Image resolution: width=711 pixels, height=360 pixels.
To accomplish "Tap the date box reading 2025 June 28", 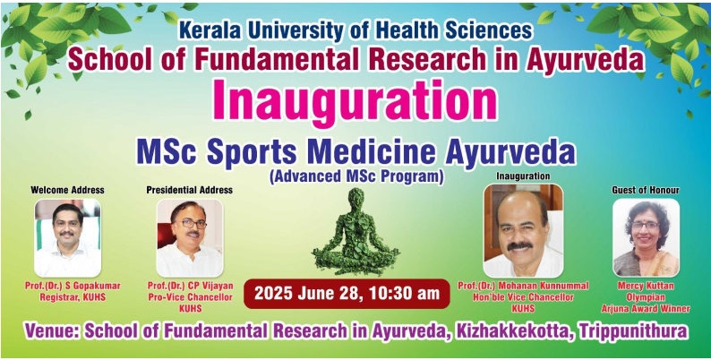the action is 347,294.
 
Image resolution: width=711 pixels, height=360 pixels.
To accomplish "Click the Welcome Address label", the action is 67,190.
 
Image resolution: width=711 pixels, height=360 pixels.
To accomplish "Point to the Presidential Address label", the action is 190,190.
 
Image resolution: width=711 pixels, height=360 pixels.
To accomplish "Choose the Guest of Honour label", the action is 646,190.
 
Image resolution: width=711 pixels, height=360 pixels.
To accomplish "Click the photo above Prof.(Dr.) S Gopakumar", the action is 67,238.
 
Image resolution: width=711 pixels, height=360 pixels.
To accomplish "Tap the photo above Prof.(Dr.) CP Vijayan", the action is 190,238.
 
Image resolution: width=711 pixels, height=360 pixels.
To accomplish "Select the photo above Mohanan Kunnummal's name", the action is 523,230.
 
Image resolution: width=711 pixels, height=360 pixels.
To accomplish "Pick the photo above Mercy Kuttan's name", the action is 647,237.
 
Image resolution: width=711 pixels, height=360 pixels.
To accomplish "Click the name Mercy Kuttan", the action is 646,286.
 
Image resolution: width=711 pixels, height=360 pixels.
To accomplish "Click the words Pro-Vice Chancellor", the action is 191,297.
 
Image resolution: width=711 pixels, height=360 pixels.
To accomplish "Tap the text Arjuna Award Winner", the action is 646,309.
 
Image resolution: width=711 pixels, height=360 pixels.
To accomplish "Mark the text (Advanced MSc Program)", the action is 356,176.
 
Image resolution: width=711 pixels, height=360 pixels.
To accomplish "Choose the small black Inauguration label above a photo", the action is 523,176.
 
